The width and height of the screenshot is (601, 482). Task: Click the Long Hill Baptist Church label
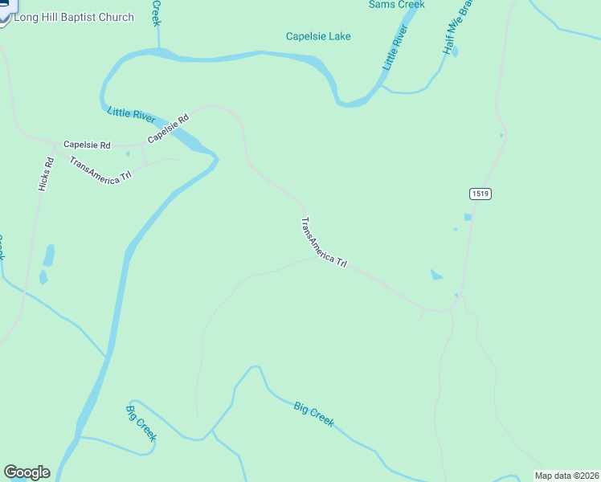pos(74,17)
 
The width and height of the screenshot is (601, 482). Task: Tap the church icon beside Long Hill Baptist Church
pos(4,14)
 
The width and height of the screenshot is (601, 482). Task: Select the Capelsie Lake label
pos(318,36)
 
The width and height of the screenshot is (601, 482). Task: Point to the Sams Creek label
pos(396,5)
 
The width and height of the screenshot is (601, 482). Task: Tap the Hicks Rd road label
pos(46,174)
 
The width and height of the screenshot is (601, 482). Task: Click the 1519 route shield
pos(480,194)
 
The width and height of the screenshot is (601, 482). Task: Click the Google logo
pos(27,472)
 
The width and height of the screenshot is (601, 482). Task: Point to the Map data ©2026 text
pos(566,476)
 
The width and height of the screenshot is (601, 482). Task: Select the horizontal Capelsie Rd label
pos(87,145)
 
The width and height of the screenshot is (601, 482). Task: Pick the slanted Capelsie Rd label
pos(168,129)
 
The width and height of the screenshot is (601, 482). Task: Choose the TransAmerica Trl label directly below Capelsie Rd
pos(100,170)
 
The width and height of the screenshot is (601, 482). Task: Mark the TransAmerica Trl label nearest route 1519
pos(324,243)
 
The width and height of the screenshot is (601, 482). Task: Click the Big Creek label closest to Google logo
pos(141,423)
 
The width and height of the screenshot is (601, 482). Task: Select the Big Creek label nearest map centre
pos(313,415)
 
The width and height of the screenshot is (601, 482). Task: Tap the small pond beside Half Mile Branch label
pos(455,54)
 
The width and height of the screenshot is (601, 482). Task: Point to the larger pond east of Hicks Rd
pos(49,256)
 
